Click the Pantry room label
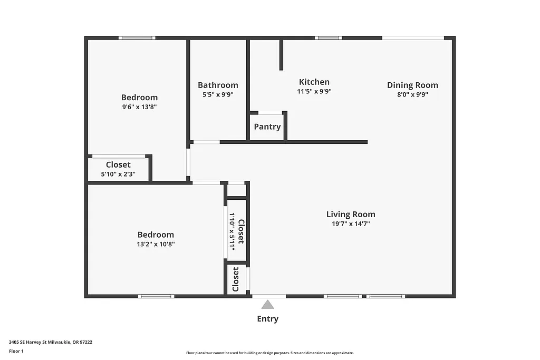(267, 127)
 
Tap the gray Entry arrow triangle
(268, 304)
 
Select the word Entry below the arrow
(267, 319)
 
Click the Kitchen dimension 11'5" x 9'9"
(314, 91)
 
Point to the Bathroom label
(218, 85)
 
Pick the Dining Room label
(412, 85)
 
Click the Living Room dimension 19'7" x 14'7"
(351, 223)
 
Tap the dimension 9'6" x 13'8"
(139, 106)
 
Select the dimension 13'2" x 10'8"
(156, 244)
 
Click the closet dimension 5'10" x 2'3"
(118, 174)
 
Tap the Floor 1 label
(16, 351)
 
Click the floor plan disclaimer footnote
(269, 353)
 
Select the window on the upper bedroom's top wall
(137, 38)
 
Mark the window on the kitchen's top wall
(328, 38)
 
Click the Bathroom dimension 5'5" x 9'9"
(218, 95)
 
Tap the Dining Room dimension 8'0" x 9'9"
(412, 95)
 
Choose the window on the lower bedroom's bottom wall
(156, 296)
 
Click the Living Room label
(351, 215)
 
